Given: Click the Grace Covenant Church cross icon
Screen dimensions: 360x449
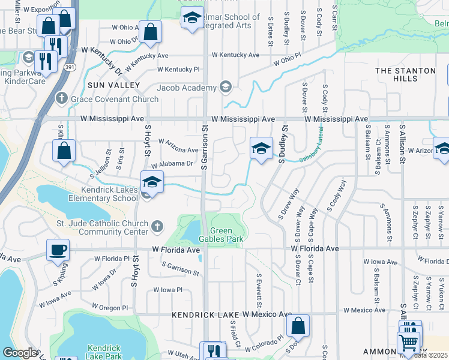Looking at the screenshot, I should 61,98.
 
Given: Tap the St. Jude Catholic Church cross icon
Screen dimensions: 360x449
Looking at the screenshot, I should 157,226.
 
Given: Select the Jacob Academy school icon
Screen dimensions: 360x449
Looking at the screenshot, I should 225,88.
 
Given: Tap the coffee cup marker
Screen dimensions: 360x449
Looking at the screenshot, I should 58,249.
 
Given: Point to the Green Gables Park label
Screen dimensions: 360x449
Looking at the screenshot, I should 226,235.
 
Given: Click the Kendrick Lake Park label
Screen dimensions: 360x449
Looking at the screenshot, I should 104,352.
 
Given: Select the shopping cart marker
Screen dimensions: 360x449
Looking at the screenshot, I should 409,343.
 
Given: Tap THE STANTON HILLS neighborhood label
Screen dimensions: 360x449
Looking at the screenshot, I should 405,74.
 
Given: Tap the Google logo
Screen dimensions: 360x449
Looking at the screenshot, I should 19,353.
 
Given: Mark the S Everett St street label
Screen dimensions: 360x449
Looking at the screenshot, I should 259,289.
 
